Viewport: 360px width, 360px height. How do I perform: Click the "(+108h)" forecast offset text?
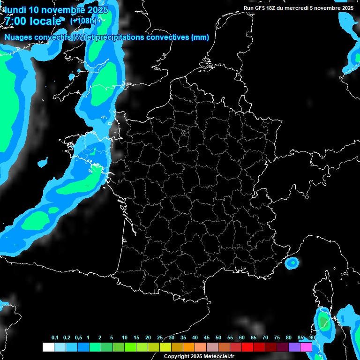tap(84, 21)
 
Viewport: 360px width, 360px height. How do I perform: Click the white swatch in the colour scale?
tap(48, 347)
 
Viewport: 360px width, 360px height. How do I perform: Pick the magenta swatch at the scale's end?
tap(306, 347)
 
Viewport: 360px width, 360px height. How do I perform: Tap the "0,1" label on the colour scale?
tap(55, 338)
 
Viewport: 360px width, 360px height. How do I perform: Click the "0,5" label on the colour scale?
tap(78, 338)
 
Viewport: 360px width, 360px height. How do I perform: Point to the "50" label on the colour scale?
tap(218, 338)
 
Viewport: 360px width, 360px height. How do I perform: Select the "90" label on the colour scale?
tap(312, 338)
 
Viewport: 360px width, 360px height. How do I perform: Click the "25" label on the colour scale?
tap(160, 338)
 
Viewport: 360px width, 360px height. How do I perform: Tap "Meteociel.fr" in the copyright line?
tap(219, 356)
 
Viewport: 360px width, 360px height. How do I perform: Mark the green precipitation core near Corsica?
tap(323, 321)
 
